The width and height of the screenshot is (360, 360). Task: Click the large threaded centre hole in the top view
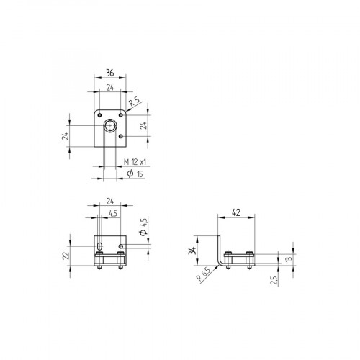coord(110,127)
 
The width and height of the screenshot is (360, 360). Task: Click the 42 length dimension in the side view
coord(236,213)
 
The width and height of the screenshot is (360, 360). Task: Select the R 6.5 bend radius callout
coord(204,274)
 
